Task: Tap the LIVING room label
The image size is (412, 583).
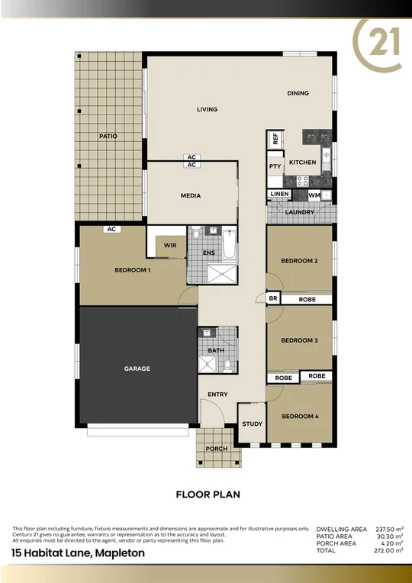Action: tap(207, 109)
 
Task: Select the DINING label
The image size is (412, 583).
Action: tap(298, 93)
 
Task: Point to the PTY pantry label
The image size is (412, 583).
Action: tap(275, 166)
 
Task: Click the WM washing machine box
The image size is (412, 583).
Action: tap(314, 195)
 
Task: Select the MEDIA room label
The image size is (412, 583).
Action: tap(191, 195)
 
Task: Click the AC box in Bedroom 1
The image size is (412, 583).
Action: tap(111, 229)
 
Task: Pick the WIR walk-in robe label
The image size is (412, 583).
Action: tap(169, 246)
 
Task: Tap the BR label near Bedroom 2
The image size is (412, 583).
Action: tap(272, 299)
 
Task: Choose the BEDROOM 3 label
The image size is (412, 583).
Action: tap(299, 340)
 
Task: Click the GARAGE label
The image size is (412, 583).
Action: tap(137, 369)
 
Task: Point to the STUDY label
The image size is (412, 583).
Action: tap(252, 424)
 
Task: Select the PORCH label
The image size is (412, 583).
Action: tap(217, 449)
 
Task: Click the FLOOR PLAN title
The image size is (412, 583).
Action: tap(208, 494)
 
